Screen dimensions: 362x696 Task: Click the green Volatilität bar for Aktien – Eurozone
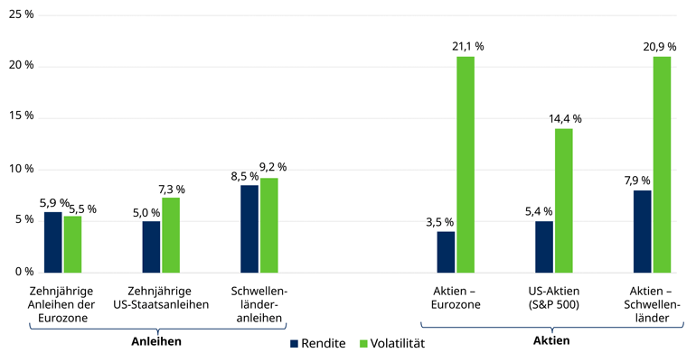click(x=466, y=163)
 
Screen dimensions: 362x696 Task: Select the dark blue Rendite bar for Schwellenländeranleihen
click(x=249, y=227)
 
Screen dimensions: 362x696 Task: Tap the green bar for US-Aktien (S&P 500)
click(x=564, y=200)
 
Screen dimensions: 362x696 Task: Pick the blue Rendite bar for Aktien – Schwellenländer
click(x=642, y=230)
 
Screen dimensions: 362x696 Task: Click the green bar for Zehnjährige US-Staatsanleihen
click(x=171, y=234)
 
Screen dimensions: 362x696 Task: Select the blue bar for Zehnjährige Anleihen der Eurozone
click(x=53, y=241)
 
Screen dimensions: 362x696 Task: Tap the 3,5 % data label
click(x=439, y=222)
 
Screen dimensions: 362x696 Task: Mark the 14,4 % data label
click(x=565, y=118)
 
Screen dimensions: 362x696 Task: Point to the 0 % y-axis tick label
click(x=24, y=271)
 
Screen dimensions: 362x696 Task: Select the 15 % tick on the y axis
click(x=21, y=116)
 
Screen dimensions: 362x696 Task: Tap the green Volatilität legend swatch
click(x=364, y=344)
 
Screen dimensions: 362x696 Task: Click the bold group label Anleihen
click(x=156, y=341)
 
